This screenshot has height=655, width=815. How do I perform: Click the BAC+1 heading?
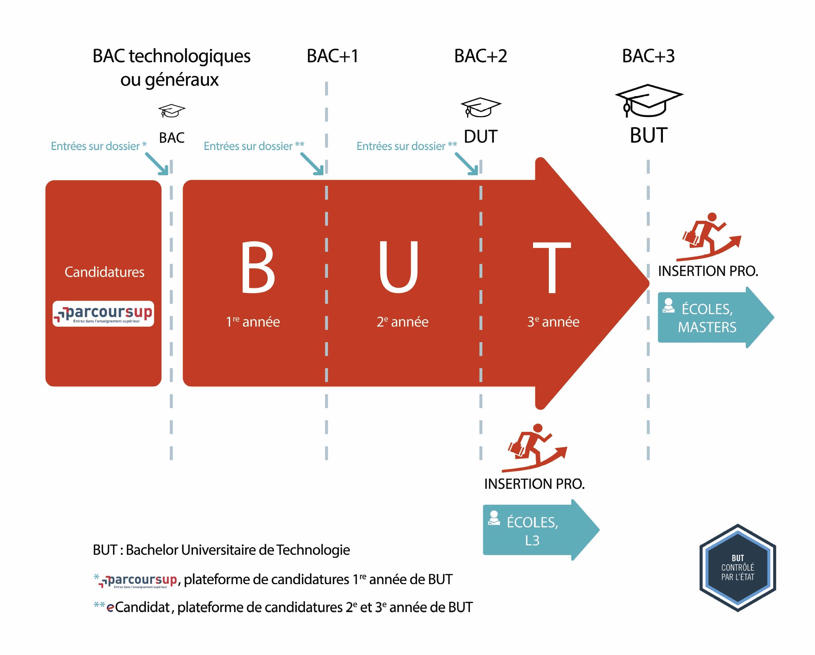click(x=332, y=57)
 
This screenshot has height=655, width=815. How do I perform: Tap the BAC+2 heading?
click(x=480, y=57)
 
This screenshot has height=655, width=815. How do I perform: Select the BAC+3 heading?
click(x=648, y=57)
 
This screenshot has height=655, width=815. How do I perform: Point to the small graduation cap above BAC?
click(x=171, y=111)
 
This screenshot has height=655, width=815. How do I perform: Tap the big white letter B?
click(x=258, y=267)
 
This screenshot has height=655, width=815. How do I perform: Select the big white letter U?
click(x=398, y=267)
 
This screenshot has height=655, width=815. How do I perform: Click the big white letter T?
click(x=551, y=267)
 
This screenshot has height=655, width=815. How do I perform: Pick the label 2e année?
click(x=402, y=322)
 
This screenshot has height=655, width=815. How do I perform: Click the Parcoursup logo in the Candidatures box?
click(x=103, y=314)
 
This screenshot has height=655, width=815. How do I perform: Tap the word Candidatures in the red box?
click(x=104, y=272)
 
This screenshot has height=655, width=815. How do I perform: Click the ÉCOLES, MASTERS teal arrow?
click(x=711, y=318)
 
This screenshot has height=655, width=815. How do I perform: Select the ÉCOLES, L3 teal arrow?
click(x=537, y=531)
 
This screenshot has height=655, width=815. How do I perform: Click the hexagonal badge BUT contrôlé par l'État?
click(x=737, y=568)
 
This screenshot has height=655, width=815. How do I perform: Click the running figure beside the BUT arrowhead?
click(x=709, y=237)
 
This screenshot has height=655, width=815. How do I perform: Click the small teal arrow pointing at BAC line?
click(x=157, y=164)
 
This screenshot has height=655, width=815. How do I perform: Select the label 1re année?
click(x=253, y=322)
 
